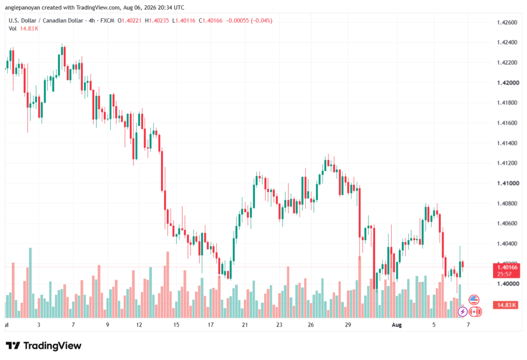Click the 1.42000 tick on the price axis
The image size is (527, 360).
tap(508, 83)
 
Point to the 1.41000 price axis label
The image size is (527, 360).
tap(508, 183)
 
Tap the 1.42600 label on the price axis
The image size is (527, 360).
tap(507, 23)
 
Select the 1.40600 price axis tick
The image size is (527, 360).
tap(507, 224)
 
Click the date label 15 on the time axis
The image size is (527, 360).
tap(177, 325)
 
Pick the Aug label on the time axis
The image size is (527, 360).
tap(397, 325)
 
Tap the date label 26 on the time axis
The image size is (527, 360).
tap(311, 325)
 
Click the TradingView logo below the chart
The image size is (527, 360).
tap(44, 346)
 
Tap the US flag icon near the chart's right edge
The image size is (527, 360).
tap(474, 299)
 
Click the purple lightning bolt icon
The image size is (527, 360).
tap(463, 312)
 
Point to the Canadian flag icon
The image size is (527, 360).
tap(475, 312)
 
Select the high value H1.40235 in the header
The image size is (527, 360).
tap(157, 21)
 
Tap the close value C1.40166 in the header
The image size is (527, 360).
tap(210, 21)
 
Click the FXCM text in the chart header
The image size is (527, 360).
tap(107, 21)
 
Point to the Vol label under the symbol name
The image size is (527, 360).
tap(12, 29)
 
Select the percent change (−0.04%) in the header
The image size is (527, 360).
tap(261, 21)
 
